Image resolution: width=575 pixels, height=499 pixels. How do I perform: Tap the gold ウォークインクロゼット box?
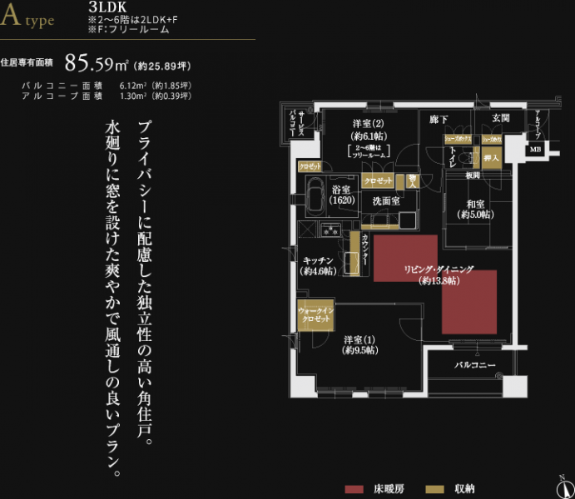coord(315,314)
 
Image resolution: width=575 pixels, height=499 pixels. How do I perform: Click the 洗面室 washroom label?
coord(386,201)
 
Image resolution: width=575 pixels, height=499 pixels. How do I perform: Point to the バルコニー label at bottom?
coord(474,365)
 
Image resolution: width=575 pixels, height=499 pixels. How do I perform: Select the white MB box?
coord(535,150)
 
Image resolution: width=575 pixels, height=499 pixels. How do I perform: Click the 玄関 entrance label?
coord(500,119)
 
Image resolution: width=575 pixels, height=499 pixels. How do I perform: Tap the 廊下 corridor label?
coord(439,120)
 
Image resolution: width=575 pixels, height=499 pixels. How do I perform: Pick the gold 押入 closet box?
coord(491,156)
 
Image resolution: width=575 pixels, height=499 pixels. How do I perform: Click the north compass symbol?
coord(564,487)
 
